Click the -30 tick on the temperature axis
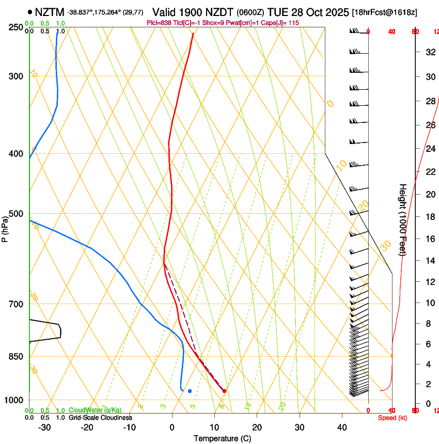click(45, 427)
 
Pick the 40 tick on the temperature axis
click(342, 427)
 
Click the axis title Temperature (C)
click(222, 438)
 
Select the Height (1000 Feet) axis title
click(403, 219)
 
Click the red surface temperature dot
click(224, 391)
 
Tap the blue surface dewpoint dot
click(190, 391)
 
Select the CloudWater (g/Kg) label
click(95, 410)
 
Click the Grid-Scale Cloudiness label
click(100, 417)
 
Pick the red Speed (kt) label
click(391, 418)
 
